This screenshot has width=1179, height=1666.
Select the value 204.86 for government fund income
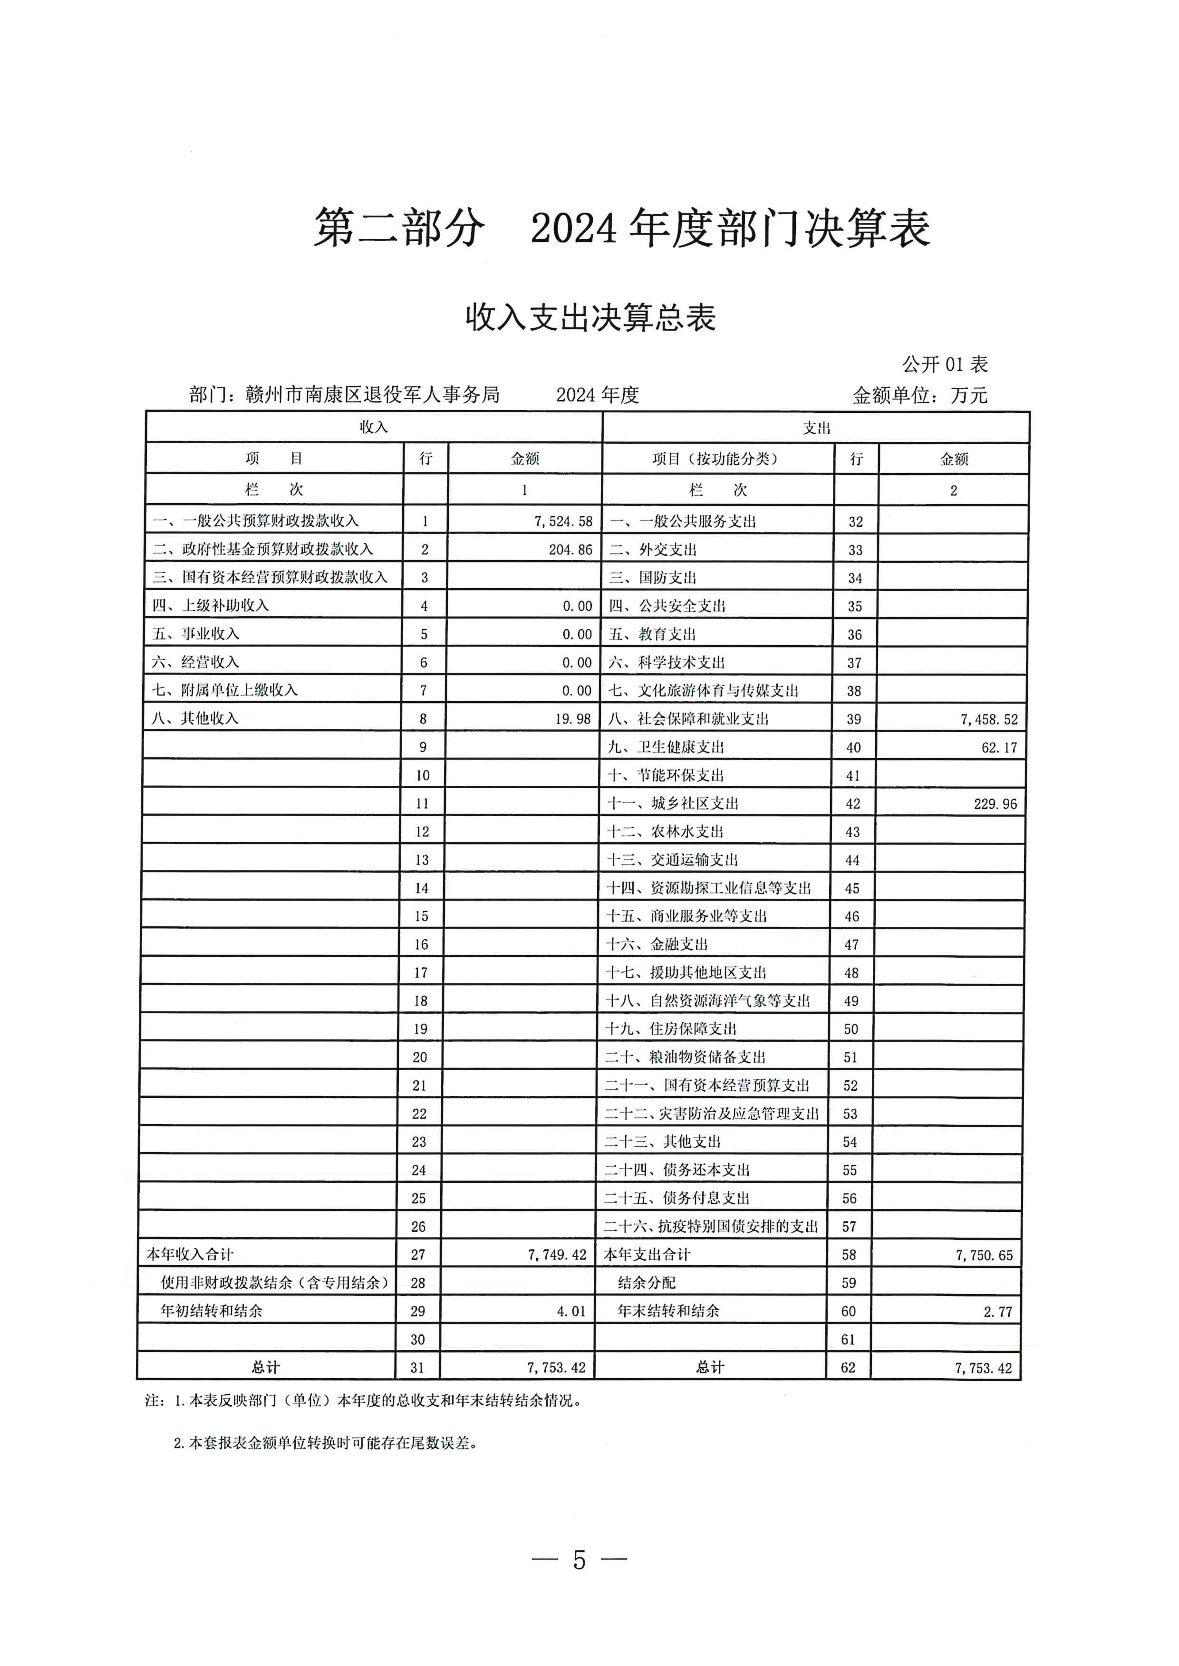tap(570, 549)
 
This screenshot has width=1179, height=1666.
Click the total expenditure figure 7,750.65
tap(984, 1255)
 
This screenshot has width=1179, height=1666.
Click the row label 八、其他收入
tap(195, 718)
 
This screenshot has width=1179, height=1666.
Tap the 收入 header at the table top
tap(374, 427)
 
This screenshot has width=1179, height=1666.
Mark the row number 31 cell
tap(417, 1368)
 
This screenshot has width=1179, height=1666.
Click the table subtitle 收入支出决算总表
tap(590, 318)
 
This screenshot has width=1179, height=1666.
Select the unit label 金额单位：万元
tap(920, 395)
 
